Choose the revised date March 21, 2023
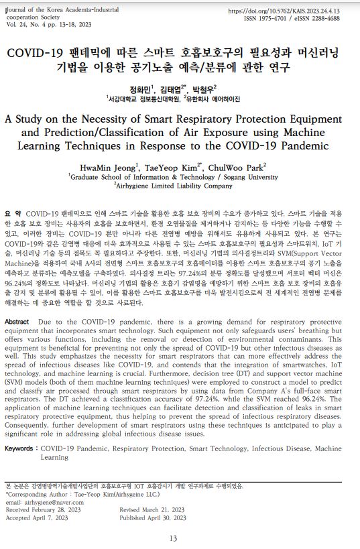tap(157, 509)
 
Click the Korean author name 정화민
tap(141, 88)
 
